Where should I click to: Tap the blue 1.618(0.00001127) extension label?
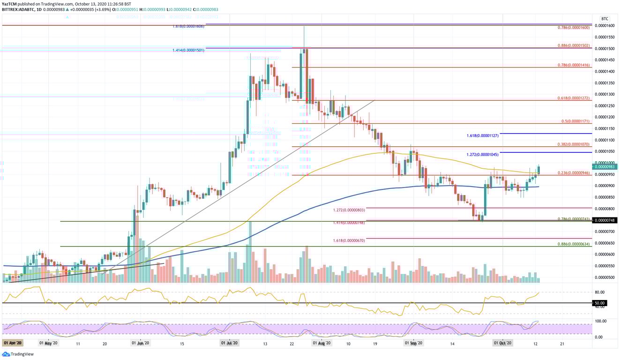(483, 135)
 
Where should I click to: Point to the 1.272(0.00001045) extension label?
(483, 155)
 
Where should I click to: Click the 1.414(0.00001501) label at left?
(188, 50)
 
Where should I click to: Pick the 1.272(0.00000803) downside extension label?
(349, 210)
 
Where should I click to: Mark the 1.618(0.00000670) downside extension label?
(349, 240)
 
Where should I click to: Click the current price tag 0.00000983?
(605, 166)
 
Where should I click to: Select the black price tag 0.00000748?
(605, 220)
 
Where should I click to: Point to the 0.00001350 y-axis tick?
(605, 83)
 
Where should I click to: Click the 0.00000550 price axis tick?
(605, 266)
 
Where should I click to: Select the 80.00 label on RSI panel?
(600, 292)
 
